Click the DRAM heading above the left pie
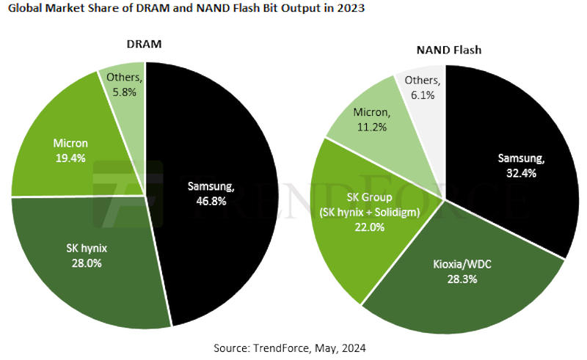tap(145, 45)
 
